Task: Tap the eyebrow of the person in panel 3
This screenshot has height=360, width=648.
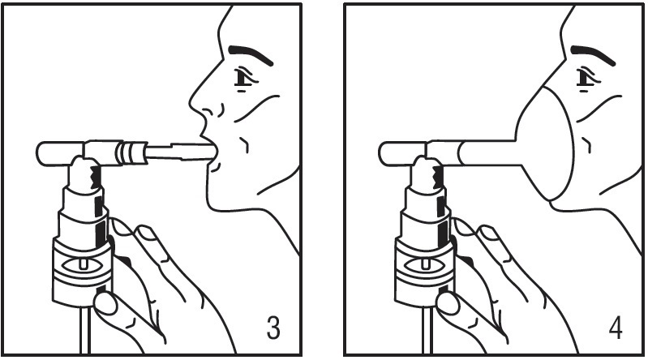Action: click(x=251, y=54)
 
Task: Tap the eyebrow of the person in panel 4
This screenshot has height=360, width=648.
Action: click(x=593, y=54)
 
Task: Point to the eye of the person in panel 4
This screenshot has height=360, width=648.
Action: click(x=587, y=79)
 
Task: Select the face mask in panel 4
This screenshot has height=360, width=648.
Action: click(x=545, y=144)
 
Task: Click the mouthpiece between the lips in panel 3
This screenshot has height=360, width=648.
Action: click(x=182, y=151)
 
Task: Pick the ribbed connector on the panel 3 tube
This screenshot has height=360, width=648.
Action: click(x=131, y=152)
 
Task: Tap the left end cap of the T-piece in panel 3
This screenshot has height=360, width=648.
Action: click(x=60, y=153)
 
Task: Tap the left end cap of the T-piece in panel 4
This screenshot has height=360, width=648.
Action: click(x=402, y=153)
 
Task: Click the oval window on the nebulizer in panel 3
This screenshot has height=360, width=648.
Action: click(x=83, y=264)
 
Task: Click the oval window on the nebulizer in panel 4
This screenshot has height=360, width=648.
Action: click(x=425, y=264)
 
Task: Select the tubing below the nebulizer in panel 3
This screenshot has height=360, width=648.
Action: click(x=85, y=331)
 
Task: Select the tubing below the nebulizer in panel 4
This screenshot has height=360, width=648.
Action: click(x=427, y=331)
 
